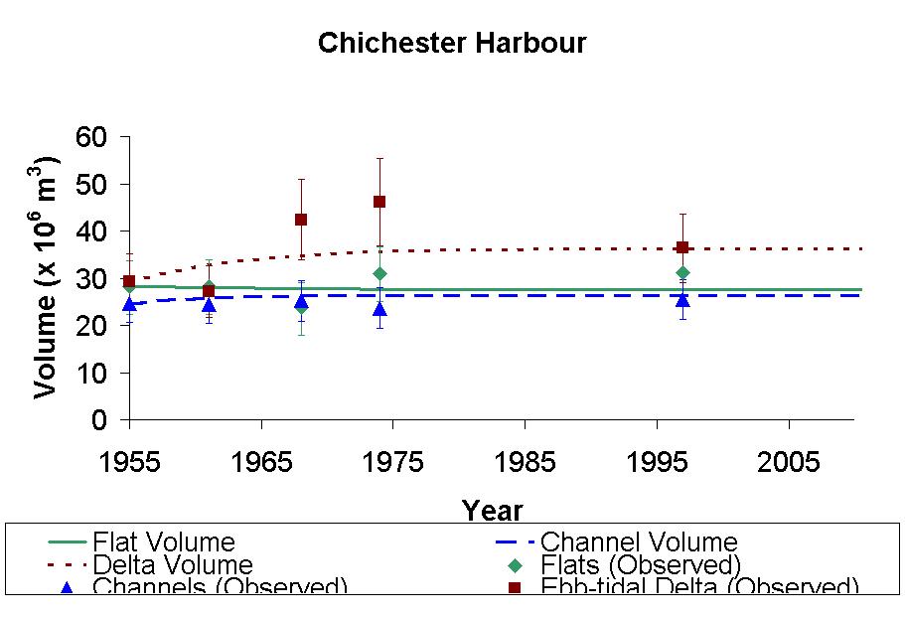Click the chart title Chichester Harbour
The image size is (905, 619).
pyautogui.click(x=452, y=44)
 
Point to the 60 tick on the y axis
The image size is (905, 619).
pyautogui.click(x=103, y=137)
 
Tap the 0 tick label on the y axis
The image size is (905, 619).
pyautogui.click(x=103, y=421)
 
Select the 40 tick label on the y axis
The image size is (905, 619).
pyautogui.click(x=103, y=232)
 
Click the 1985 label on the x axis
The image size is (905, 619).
pyautogui.click(x=525, y=462)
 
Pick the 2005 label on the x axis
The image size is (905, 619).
pyautogui.click(x=789, y=462)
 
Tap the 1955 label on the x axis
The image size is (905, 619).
pyautogui.click(x=129, y=462)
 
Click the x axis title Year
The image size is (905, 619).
pyautogui.click(x=492, y=511)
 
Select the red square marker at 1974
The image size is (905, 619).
pyautogui.click(x=379, y=202)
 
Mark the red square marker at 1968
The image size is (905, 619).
pyautogui.click(x=301, y=220)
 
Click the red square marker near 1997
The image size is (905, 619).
pyautogui.click(x=682, y=247)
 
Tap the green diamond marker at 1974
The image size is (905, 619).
pyautogui.click(x=379, y=273)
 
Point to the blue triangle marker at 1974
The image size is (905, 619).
pyautogui.click(x=379, y=309)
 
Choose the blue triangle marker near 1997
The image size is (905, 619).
pyautogui.click(x=682, y=299)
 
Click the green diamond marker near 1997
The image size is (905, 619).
pyautogui.click(x=682, y=272)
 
